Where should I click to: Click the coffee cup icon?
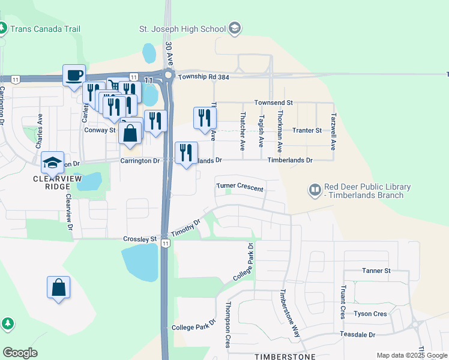click(74, 76)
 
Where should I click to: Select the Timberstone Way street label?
click(289, 309)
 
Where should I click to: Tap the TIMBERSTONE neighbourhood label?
click(285, 356)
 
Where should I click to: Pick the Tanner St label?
click(376, 271)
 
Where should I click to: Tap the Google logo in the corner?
click(20, 353)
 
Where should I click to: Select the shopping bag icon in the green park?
click(58, 287)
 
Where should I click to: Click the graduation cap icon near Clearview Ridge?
click(52, 161)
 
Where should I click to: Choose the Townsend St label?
click(273, 103)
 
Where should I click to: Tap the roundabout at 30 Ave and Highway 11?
click(167, 75)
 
